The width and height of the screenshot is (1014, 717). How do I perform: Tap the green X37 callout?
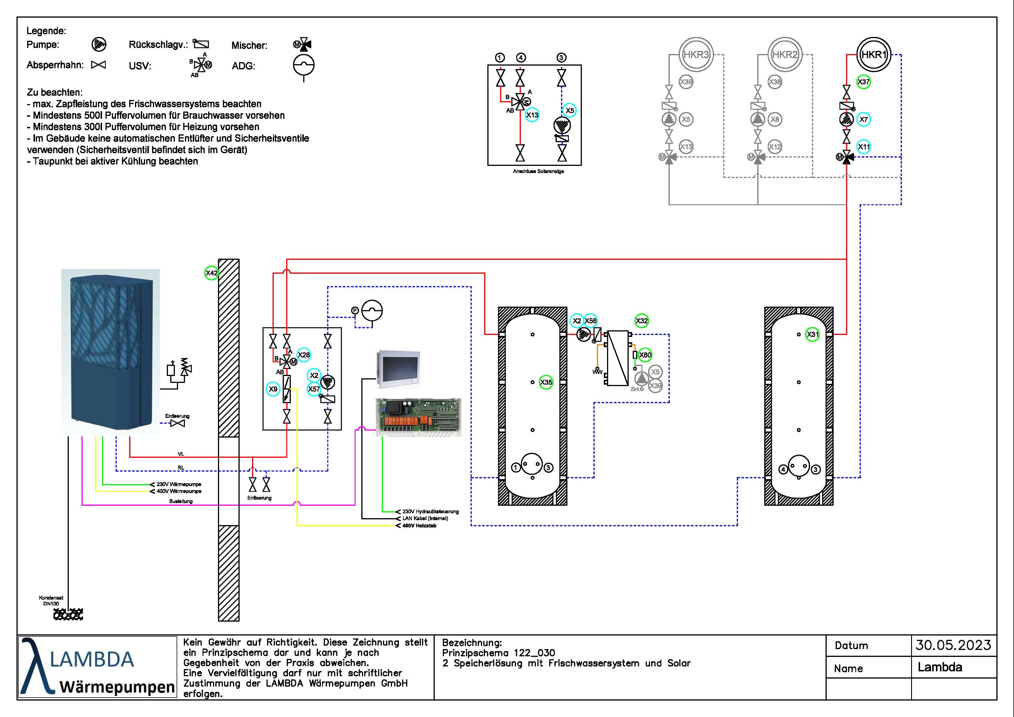coord(863,82)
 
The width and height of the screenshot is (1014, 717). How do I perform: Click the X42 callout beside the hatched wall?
coord(212,273)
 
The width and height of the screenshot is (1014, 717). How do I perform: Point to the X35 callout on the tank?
coord(546,382)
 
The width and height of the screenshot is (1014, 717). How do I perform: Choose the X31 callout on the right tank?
coord(813,334)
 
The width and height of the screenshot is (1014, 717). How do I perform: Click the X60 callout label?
coord(645,355)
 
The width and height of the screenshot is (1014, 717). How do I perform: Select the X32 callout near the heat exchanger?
coord(642,321)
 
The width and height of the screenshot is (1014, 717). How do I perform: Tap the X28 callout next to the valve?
coord(304,355)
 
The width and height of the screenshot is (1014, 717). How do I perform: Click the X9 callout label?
coord(273,389)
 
